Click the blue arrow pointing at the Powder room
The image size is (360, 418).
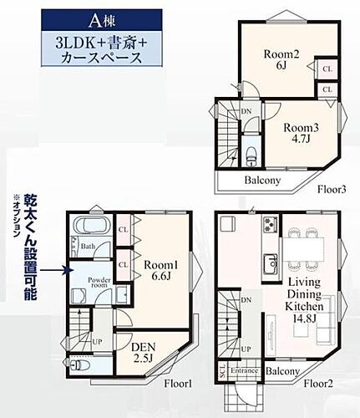click(x=52, y=270)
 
